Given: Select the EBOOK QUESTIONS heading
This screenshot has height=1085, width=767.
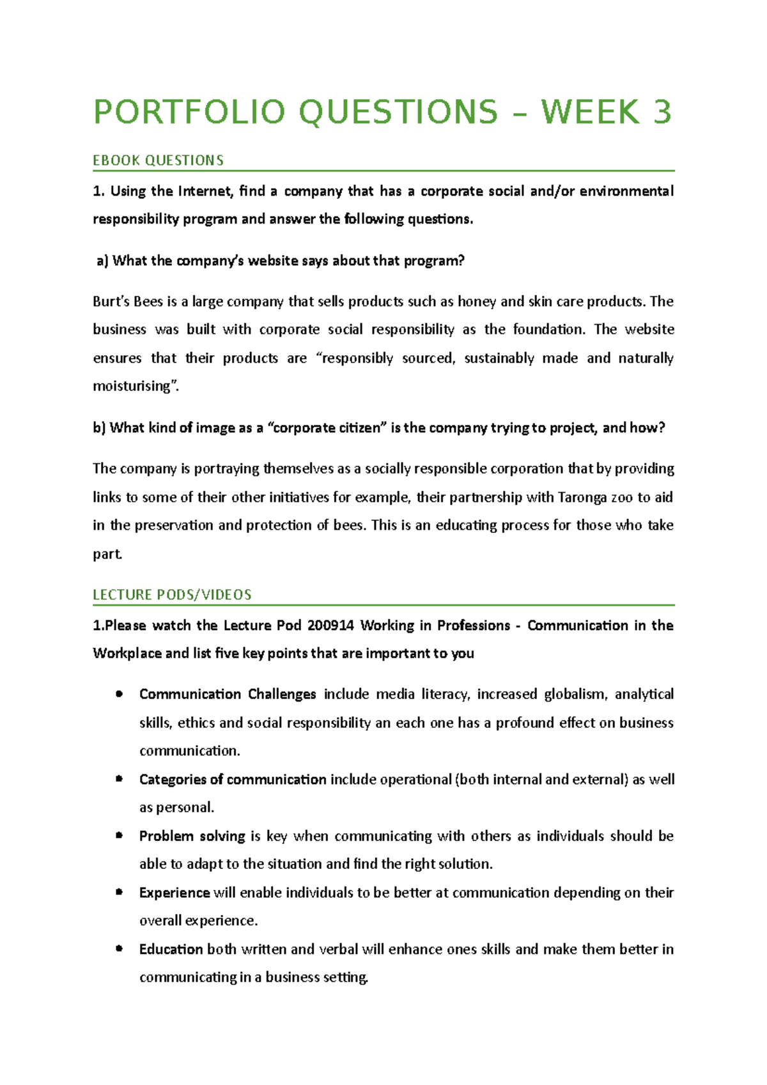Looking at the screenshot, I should tap(158, 160).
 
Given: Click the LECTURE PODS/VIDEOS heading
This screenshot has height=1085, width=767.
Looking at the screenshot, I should tap(172, 595).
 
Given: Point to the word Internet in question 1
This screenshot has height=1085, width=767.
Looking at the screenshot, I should tap(205, 191).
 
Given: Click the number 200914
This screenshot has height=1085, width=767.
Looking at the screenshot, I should tap(330, 626).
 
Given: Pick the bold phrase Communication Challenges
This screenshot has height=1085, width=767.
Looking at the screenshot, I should tap(228, 695).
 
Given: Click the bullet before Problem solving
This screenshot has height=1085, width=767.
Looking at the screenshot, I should tap(119, 835).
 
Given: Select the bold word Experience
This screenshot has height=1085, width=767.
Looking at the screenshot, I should tap(174, 893).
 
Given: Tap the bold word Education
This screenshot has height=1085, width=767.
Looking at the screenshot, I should tap(171, 950).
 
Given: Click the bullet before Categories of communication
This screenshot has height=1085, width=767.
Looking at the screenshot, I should tap(119, 778).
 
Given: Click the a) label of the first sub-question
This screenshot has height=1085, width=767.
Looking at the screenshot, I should tap(103, 261).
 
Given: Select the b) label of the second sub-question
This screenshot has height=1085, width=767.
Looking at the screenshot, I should tap(99, 428).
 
